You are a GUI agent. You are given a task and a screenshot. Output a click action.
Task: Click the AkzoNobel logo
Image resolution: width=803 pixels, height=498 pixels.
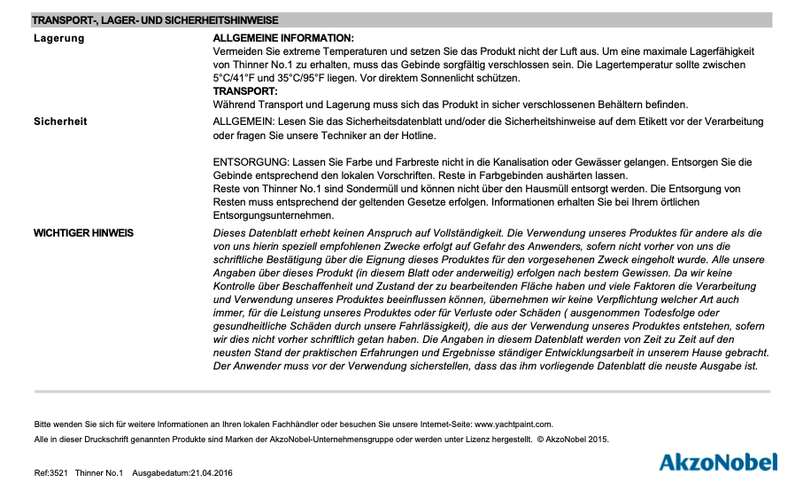(718, 462)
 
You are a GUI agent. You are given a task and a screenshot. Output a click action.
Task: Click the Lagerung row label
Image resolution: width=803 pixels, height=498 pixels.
(59, 38)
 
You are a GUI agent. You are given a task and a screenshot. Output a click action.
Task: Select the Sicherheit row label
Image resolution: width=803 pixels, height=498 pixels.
(60, 121)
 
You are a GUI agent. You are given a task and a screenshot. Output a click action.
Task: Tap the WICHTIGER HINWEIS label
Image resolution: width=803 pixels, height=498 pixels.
(83, 233)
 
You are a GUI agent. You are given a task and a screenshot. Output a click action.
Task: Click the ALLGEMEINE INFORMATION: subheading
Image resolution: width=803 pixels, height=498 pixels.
(283, 38)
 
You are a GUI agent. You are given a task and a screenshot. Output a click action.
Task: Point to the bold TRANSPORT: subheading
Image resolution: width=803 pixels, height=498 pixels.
(245, 91)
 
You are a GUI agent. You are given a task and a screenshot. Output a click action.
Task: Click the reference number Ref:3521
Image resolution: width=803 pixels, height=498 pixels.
(51, 475)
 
